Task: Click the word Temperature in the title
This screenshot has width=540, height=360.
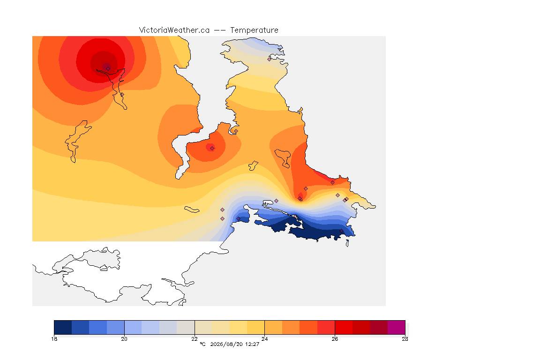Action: [254, 30]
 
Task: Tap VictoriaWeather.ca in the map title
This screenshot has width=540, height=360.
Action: [174, 30]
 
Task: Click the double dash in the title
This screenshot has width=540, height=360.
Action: [220, 30]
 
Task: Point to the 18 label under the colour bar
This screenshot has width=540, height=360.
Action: [54, 339]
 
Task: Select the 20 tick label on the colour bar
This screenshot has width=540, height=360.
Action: [124, 339]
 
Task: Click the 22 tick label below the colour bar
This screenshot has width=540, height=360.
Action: [195, 339]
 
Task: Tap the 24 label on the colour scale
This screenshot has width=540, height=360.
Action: [264, 339]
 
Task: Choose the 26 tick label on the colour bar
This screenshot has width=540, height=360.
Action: [335, 339]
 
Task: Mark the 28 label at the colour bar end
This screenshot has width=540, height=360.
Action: [405, 339]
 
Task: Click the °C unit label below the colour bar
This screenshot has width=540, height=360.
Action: [202, 344]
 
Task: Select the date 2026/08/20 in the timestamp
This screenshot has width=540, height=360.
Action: [226, 344]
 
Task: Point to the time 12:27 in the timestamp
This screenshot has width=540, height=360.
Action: [252, 344]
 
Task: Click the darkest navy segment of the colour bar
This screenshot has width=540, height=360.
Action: [63, 327]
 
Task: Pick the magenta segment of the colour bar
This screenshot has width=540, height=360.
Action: [397, 327]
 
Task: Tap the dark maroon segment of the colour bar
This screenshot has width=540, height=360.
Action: [379, 327]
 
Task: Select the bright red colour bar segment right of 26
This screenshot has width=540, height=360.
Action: [344, 327]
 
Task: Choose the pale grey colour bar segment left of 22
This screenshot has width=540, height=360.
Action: [186, 327]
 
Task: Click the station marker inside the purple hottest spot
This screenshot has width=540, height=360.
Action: [108, 69]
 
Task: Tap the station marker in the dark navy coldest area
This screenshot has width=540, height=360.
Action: [341, 231]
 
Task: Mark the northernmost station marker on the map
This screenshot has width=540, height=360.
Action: [270, 59]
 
